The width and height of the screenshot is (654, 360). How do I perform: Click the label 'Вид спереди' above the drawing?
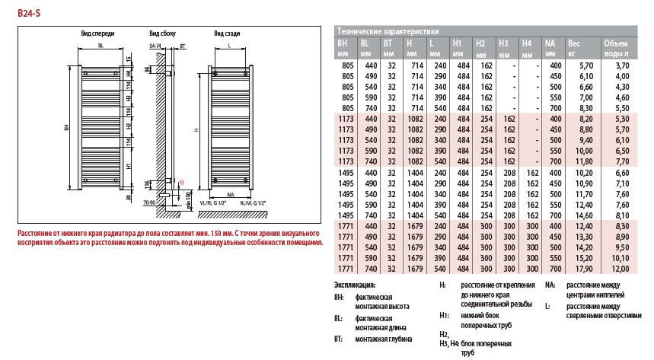point(97,34)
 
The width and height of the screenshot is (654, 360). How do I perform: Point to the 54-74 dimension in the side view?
point(156,47)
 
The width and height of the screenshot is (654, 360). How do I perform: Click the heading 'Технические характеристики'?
point(388,32)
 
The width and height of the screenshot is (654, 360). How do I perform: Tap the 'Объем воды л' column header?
point(616,48)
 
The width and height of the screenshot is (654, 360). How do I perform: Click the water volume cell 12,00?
point(620,268)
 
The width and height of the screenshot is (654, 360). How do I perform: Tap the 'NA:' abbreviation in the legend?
point(550,284)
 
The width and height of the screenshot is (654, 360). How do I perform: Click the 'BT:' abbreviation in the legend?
point(339,338)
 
